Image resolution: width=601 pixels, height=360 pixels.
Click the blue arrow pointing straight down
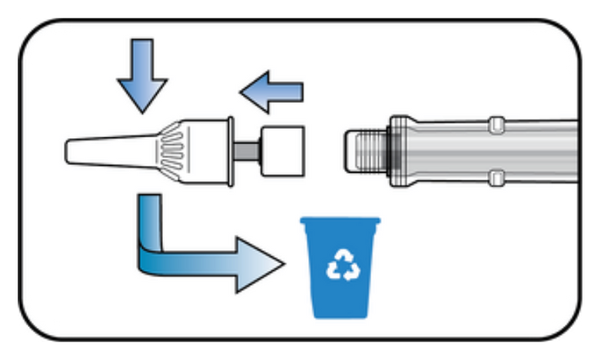[142, 73]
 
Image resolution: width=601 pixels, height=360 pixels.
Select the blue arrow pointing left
[273, 92]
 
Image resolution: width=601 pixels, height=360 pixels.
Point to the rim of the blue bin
[340, 222]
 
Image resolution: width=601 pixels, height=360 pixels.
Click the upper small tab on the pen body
[496, 122]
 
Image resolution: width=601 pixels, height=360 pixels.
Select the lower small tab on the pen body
[496, 178]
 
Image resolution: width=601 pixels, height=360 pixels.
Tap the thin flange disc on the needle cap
[231, 150]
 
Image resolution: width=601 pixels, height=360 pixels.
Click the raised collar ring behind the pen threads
[400, 150]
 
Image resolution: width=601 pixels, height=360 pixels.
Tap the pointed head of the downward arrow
[142, 96]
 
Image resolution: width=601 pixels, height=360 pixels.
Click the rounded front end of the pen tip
[349, 150]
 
